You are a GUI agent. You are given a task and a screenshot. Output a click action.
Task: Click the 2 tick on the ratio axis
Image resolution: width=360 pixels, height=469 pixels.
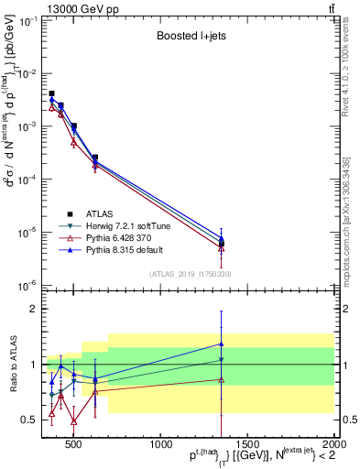coord(33,309)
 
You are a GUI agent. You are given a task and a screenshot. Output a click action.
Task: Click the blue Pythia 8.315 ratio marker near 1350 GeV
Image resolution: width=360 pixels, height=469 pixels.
coord(221,344)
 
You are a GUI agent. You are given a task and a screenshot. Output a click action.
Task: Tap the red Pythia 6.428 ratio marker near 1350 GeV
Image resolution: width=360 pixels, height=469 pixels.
coord(221,379)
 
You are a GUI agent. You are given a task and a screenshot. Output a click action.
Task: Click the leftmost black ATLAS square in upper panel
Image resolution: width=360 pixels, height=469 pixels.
coord(51,93)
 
